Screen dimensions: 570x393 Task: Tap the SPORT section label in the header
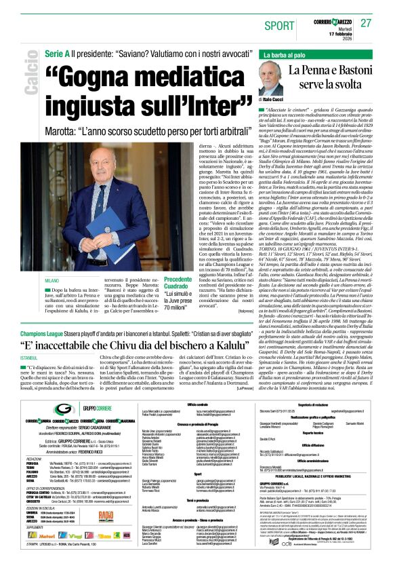click(x=281, y=24)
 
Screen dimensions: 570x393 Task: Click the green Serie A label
click(x=58, y=53)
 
